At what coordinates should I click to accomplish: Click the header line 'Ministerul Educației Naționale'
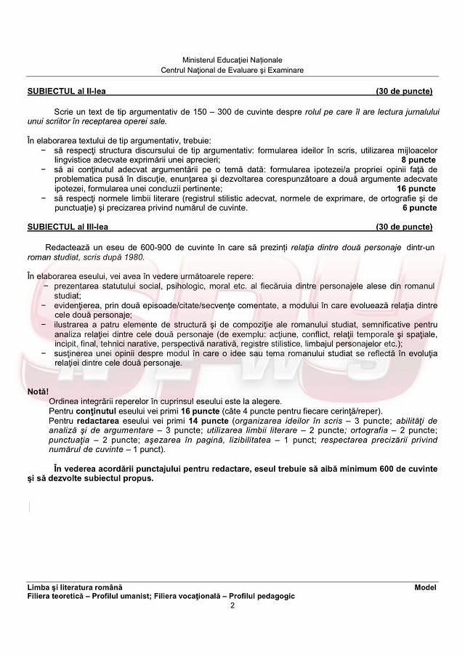click(x=232, y=60)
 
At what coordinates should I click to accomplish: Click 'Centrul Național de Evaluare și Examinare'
click(x=232, y=70)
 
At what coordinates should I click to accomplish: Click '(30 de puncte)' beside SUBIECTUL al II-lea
click(x=404, y=92)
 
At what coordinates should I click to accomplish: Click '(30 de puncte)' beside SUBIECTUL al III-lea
click(x=404, y=227)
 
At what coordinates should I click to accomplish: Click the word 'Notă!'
click(x=39, y=392)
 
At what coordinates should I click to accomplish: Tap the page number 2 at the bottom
click(x=232, y=605)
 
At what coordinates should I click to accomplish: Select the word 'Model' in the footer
click(x=425, y=587)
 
